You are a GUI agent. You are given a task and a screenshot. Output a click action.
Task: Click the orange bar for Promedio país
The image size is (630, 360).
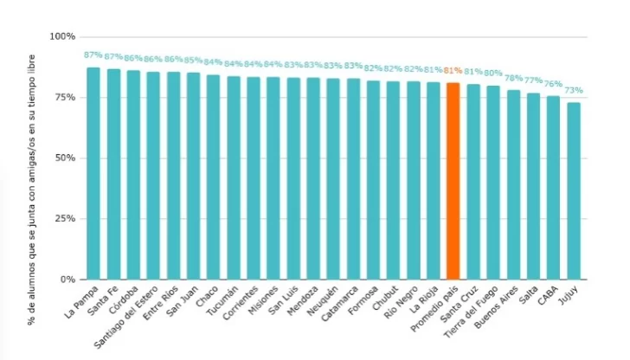453,181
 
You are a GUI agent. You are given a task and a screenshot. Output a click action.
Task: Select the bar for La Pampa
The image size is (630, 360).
93,173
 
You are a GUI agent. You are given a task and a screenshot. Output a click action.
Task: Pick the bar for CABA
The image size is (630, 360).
553,188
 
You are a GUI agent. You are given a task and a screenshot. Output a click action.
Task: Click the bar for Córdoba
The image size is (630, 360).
133,175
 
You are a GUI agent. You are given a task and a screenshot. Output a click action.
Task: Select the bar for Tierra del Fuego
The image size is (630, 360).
493,183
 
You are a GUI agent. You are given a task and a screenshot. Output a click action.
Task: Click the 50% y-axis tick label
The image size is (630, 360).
65,158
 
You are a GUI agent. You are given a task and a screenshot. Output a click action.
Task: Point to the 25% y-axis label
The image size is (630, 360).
65,219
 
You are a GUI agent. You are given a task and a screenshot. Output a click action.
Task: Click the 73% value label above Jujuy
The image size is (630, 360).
574,90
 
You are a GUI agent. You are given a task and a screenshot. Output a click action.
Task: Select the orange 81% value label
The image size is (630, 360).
453,72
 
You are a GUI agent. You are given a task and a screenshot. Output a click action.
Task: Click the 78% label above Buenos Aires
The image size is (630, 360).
513,78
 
